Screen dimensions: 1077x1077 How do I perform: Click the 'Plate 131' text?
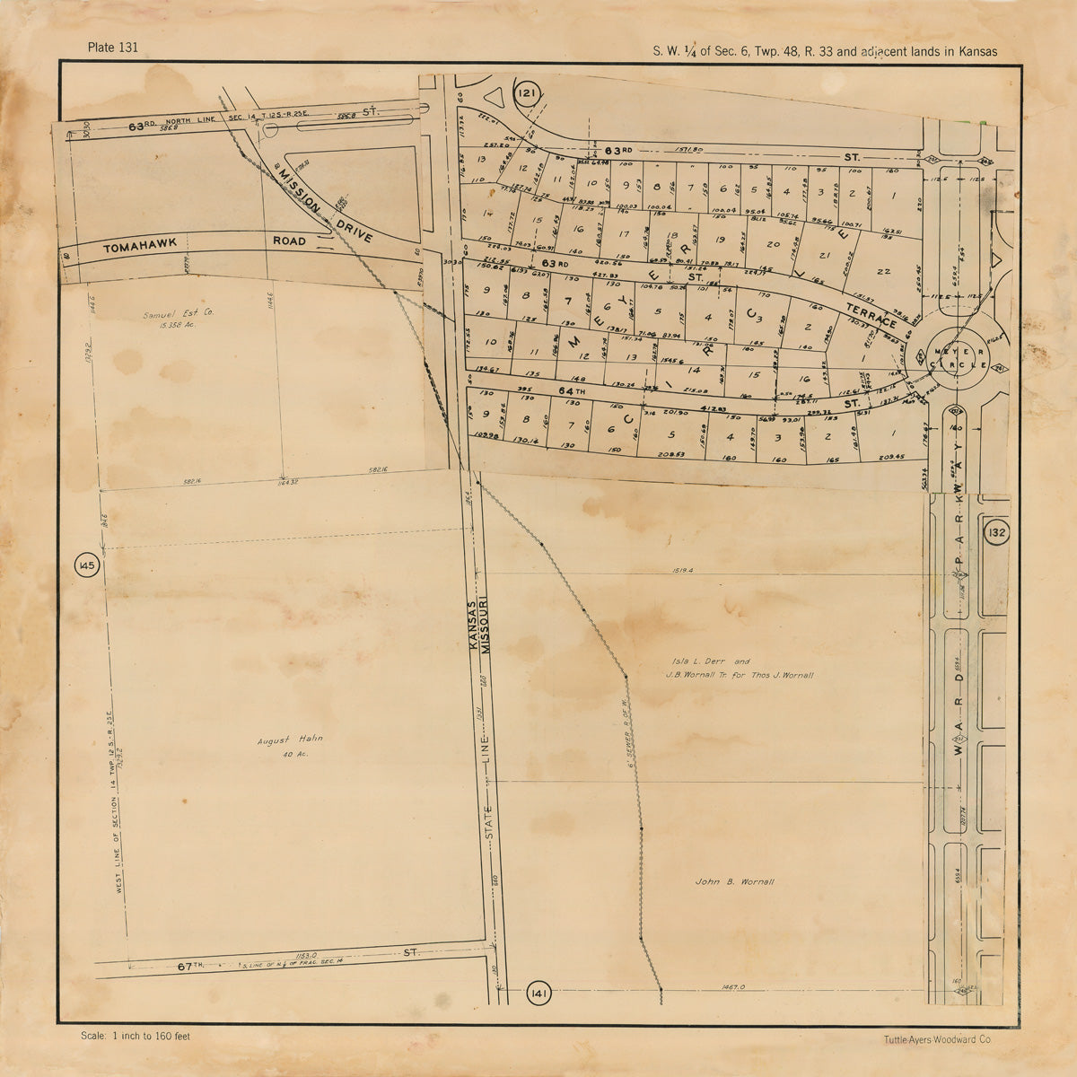[x=113, y=48]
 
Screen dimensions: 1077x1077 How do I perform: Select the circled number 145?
[x=87, y=565]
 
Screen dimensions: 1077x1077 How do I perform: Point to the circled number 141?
[x=538, y=993]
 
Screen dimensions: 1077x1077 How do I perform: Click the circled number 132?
[x=996, y=532]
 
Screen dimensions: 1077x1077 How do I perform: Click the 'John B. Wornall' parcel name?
[x=734, y=882]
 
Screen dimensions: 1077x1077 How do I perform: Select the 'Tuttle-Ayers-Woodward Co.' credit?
[x=937, y=1039]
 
